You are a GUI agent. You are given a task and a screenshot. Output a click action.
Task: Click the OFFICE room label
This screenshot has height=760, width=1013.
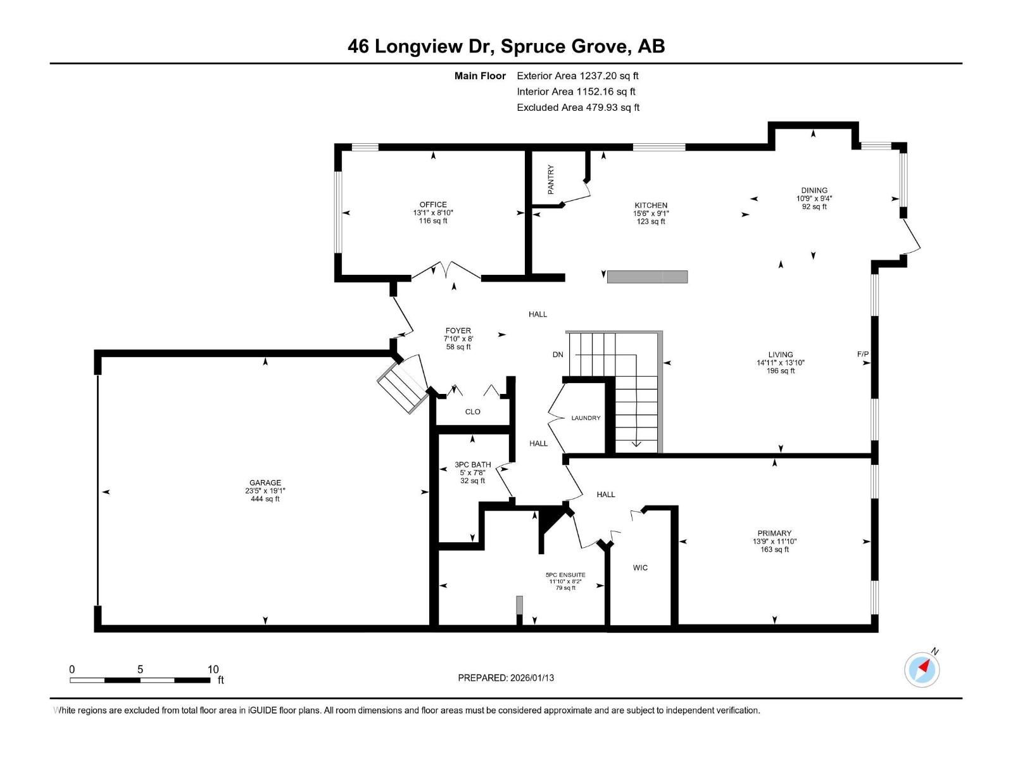[433, 205]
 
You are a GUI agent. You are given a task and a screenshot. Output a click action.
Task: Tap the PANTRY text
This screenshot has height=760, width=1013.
[551, 179]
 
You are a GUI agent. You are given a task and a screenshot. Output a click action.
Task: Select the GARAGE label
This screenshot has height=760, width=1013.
[265, 483]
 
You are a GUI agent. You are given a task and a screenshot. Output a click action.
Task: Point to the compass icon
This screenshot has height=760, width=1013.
[922, 669]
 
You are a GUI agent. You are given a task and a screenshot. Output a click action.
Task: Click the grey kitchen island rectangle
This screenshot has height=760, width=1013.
[647, 277]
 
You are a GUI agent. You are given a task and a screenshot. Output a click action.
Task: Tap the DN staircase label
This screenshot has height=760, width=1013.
[558, 355]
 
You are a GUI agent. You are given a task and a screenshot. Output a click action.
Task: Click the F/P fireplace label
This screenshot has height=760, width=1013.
[862, 354]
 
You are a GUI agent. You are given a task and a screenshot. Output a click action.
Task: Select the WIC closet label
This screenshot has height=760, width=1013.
[640, 567]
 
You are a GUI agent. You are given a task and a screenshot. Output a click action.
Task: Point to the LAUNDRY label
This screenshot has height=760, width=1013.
[586, 418]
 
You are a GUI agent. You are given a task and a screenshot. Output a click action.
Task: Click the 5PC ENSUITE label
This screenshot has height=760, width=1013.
[565, 575]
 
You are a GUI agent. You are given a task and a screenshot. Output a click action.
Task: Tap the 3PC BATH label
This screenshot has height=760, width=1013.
[472, 464]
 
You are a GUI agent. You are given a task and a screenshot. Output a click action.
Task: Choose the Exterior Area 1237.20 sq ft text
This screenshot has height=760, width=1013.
[577, 76]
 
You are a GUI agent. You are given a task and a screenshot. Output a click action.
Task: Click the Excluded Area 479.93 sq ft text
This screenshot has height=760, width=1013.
[577, 108]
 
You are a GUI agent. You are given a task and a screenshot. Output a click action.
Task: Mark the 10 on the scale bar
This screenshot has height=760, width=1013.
[213, 669]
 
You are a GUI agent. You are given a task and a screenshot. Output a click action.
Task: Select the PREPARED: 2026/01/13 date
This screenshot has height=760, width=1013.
[506, 678]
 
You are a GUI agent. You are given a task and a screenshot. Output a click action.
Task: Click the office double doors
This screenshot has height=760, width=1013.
[446, 270]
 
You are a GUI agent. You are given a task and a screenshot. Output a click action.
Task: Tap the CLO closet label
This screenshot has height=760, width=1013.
[472, 412]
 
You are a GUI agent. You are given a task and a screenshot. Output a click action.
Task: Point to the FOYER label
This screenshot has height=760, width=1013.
[458, 331]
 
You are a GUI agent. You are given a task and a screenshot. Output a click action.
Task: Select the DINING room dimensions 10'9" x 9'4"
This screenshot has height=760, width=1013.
[814, 198]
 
